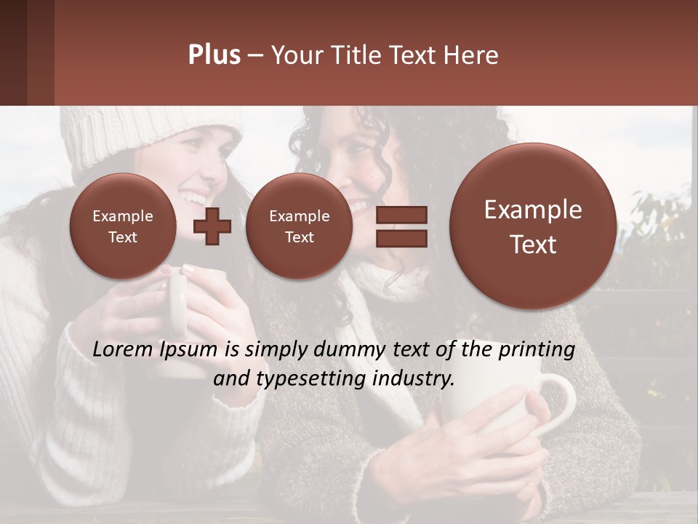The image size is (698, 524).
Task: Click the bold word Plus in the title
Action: coord(214,55)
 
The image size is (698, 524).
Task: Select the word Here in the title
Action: coord(474,55)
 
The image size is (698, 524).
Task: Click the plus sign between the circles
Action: coord(212,226)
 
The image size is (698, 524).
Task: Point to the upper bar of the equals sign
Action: coord(401,215)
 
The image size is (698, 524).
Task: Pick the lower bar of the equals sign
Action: coord(401,239)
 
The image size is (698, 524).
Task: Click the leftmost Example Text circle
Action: coord(122,226)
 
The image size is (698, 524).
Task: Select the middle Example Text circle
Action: coord(299,226)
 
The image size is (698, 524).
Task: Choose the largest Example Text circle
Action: coord(533,226)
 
